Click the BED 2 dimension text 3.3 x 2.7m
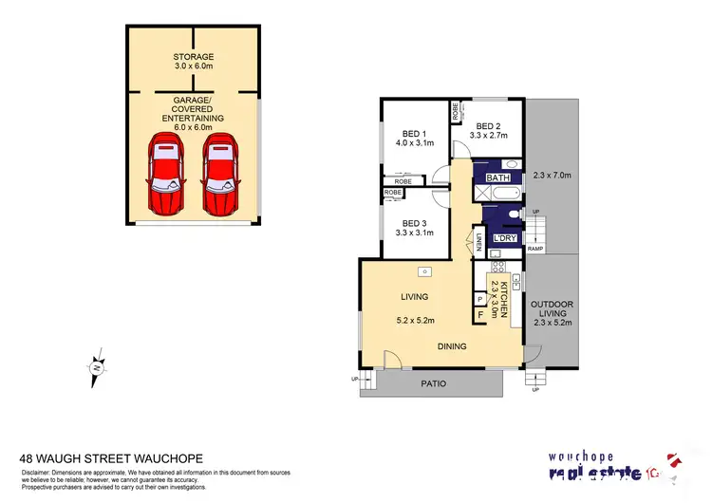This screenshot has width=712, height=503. click(495, 137)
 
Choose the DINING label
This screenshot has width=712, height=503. click(452, 346)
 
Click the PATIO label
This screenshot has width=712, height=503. click(432, 384)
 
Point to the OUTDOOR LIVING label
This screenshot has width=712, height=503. click(551, 307)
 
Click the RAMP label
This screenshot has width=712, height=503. click(535, 249)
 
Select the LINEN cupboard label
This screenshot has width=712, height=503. click(480, 243)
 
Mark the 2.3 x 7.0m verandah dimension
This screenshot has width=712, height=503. click(553, 175)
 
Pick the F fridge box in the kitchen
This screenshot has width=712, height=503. click(480, 314)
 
